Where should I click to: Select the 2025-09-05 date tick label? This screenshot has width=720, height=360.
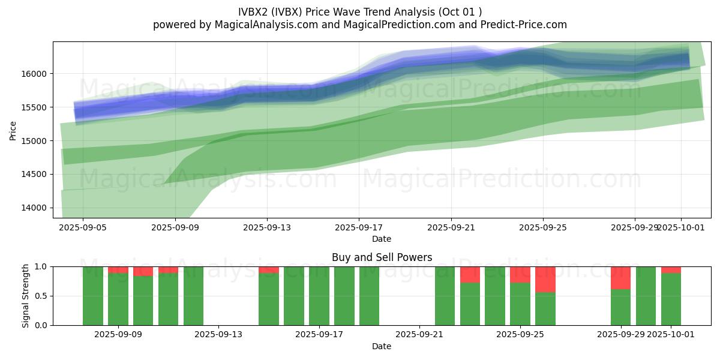point(83,228)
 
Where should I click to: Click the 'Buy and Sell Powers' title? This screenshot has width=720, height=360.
point(382,257)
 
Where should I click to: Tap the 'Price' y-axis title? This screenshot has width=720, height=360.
point(13,130)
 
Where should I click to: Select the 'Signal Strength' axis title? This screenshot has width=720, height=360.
point(25,296)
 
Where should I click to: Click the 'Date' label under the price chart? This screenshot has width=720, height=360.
point(382,239)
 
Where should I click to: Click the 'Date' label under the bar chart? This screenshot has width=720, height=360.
point(382,346)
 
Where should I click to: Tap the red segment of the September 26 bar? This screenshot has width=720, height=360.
point(545,279)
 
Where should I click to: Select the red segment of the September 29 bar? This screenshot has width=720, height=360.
point(620,278)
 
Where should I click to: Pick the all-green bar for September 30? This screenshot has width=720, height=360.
point(646,296)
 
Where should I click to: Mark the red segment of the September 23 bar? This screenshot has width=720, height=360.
point(470,274)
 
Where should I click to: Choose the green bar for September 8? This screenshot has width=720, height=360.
point(93,296)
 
